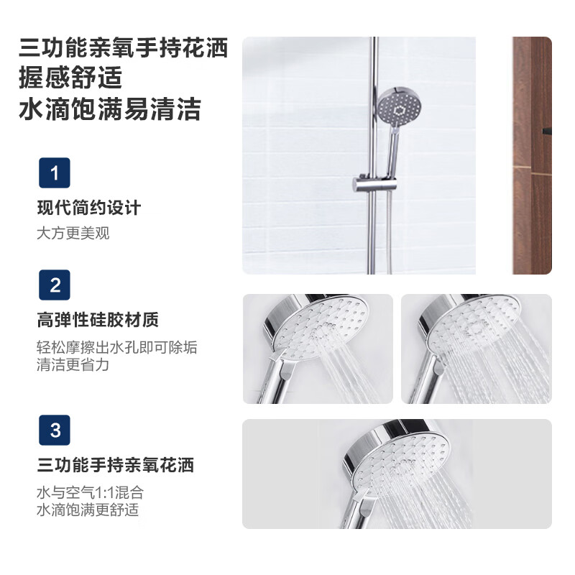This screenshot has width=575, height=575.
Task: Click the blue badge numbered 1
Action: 55,173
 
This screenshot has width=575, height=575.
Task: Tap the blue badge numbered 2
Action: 55,285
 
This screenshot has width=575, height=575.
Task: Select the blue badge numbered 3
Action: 55,430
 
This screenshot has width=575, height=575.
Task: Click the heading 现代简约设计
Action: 88,208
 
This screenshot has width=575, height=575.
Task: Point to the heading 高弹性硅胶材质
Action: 98,320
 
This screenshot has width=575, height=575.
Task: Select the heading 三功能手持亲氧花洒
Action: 116,465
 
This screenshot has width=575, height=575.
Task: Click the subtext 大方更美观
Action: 73,234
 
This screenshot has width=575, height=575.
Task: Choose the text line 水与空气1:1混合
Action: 90,493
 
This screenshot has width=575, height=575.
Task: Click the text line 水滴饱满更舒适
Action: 88,510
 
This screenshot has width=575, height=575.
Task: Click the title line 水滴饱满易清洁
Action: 110,109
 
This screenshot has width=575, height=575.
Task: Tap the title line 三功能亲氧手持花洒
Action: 124,47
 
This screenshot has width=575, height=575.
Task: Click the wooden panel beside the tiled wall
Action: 532,155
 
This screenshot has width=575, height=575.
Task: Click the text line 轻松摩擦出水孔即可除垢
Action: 117,347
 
